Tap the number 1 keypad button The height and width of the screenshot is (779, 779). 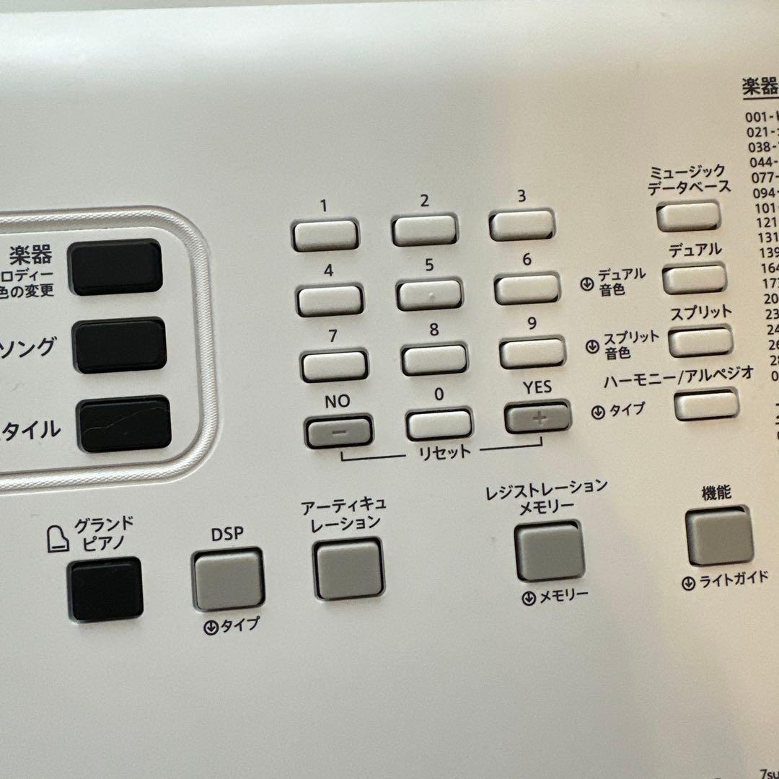click(325, 234)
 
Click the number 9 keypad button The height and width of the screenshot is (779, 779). click(531, 353)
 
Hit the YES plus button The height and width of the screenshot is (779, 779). click(537, 417)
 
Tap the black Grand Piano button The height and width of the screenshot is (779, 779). click(105, 589)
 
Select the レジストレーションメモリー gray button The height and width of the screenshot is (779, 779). click(549, 550)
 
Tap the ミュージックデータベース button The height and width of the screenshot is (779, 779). click(688, 216)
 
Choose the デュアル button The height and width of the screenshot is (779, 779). click(694, 278)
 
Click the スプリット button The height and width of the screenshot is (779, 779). click(700, 340)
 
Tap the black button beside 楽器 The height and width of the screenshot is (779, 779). click(115, 268)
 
